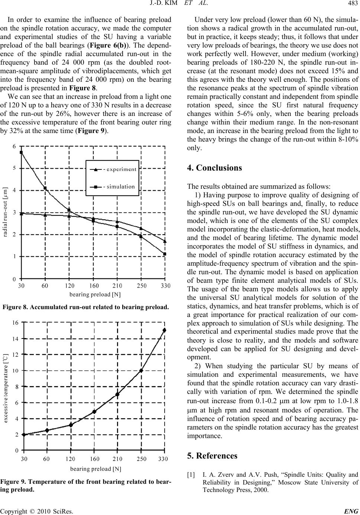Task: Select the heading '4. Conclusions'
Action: (x=214, y=168)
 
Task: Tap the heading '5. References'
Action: (x=212, y=456)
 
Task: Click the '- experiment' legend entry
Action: (x=119, y=169)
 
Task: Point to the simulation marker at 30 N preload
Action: (x=21, y=152)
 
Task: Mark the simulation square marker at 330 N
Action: (x=165, y=254)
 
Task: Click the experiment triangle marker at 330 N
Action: (x=165, y=241)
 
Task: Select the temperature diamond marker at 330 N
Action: (x=165, y=330)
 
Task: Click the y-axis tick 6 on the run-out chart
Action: (x=14, y=146)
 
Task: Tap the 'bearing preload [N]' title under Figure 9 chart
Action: (x=95, y=469)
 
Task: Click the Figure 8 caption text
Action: (x=86, y=307)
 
